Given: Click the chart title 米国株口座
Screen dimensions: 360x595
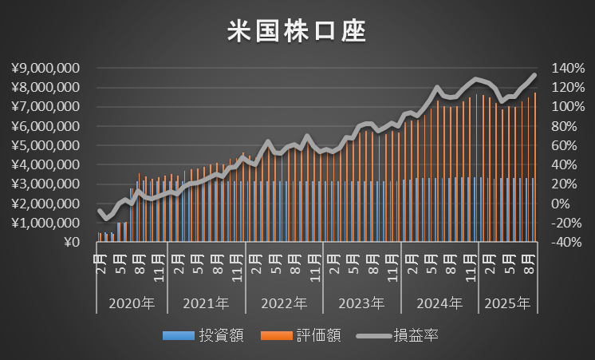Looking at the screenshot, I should (297, 32).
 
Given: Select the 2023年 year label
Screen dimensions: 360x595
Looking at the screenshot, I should (361, 303).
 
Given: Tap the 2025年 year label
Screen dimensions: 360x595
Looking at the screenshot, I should (508, 303).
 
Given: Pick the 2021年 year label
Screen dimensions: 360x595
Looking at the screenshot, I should (207, 303).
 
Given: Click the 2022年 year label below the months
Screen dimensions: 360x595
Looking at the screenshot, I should (284, 303).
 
